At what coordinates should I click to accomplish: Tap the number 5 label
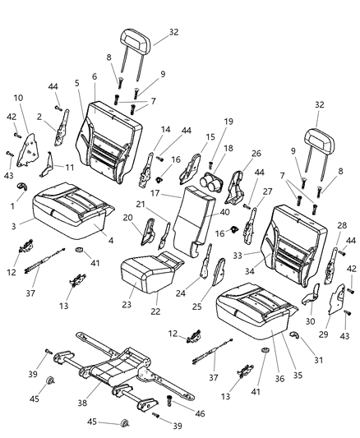(77, 83)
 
